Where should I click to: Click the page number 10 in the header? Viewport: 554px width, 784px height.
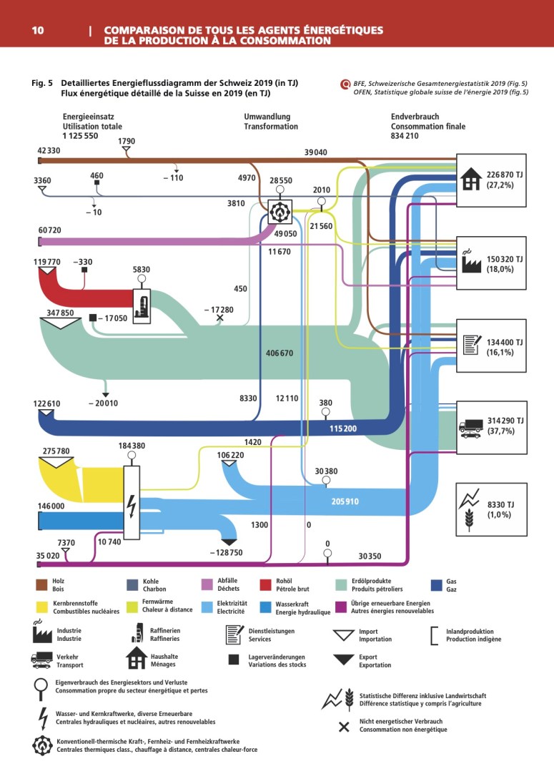click(38, 31)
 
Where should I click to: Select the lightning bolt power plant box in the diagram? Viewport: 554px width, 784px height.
click(132, 502)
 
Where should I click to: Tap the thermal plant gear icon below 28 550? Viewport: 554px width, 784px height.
click(280, 210)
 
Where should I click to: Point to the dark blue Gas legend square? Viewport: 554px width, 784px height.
click(440, 584)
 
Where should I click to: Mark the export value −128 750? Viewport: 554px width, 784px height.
click(226, 553)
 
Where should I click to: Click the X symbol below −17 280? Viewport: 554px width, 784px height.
click(219, 317)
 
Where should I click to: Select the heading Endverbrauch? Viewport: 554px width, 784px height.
click(415, 117)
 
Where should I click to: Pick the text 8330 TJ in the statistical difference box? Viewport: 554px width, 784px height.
click(501, 504)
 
